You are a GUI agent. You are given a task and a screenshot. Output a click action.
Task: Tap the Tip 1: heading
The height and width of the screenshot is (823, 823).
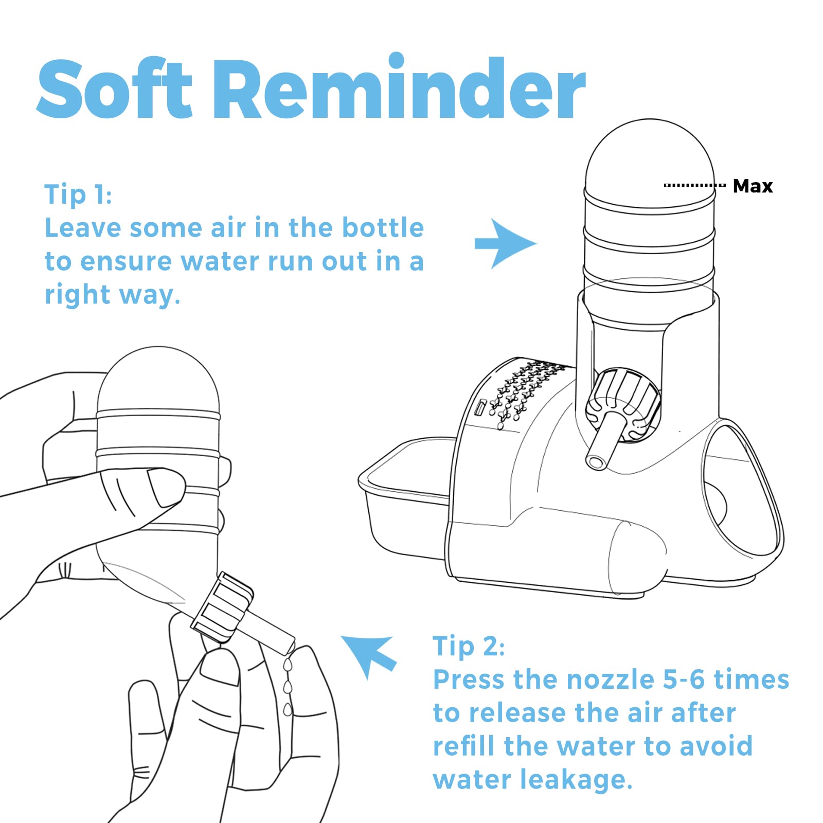[x=78, y=194]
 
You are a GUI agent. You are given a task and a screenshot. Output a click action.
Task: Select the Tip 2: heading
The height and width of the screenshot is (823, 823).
[x=469, y=646]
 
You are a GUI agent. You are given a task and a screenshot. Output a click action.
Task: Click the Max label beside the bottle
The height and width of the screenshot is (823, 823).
[x=753, y=186]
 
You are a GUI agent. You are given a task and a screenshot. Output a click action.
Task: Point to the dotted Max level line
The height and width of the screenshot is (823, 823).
[x=694, y=185]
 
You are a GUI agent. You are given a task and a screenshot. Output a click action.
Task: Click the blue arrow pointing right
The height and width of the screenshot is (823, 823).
[x=505, y=244]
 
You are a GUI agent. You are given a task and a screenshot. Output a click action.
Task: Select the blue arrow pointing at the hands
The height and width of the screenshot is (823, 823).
[x=368, y=657]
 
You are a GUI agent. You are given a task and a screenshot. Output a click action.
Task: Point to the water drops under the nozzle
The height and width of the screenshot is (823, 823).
[x=288, y=687]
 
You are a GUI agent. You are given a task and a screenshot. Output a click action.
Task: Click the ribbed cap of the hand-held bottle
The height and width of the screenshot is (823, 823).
[x=222, y=607]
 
